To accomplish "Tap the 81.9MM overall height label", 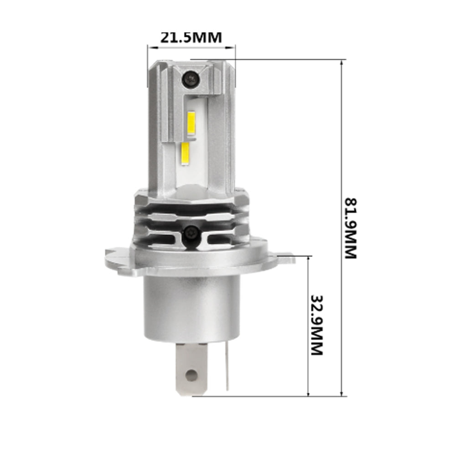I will click(x=351, y=228).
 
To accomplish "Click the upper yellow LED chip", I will click(x=192, y=123).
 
